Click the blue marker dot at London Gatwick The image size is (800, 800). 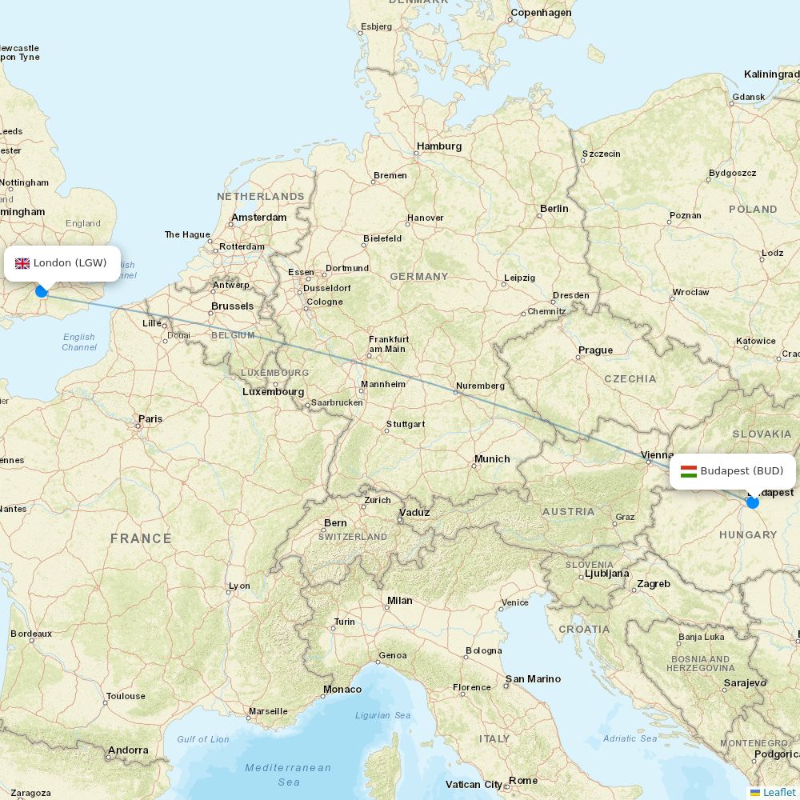point(42,291)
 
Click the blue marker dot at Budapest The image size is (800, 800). point(752,502)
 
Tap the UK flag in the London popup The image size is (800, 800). point(22,263)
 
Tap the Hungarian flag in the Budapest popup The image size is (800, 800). point(689,471)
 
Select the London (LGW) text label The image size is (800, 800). point(70,263)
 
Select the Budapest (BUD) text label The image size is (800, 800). point(742,471)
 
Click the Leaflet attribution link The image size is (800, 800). point(778,792)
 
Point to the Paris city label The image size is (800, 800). point(150,418)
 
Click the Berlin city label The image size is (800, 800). point(554,209)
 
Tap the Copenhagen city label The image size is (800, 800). point(541,13)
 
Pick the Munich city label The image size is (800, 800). point(491,459)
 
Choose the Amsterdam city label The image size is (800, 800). point(258,218)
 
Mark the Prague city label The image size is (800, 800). point(595,350)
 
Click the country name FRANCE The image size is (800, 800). point(141,539)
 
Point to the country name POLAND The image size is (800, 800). point(752,210)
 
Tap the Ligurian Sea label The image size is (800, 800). point(383,715)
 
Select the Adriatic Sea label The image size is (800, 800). point(630,738)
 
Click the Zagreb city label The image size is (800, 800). point(654,584)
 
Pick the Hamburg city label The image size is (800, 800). point(439,146)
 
